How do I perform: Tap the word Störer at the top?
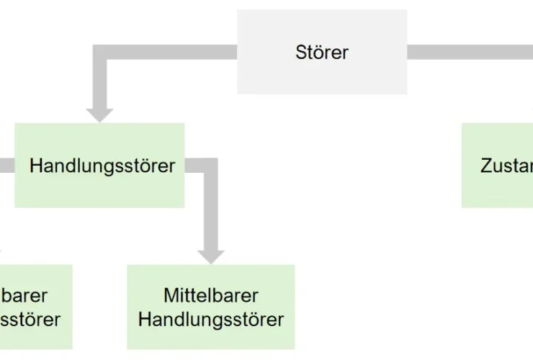pyautogui.click(x=322, y=52)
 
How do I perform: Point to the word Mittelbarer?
pyautogui.click(x=211, y=295)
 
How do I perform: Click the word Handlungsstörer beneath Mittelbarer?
pyautogui.click(x=211, y=319)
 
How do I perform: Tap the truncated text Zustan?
pyautogui.click(x=506, y=166)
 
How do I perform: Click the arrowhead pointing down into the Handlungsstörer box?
pyautogui.click(x=99, y=114)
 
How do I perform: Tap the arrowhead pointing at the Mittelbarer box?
pyautogui.click(x=211, y=256)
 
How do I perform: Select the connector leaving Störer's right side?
pyautogui.click(x=468, y=52)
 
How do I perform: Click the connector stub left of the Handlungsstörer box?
pyautogui.click(x=6, y=166)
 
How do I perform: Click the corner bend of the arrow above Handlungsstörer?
pyautogui.click(x=100, y=53)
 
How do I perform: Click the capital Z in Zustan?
pyautogui.click(x=486, y=166)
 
